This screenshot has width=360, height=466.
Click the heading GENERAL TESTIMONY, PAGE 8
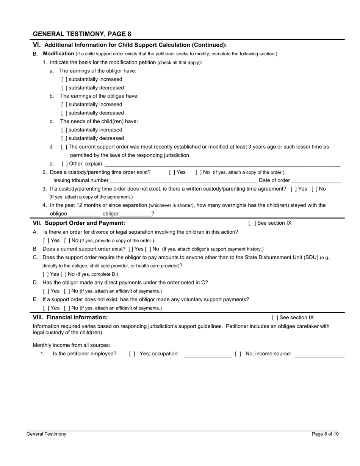(x=82, y=34)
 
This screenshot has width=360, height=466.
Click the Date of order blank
(x=316, y=180)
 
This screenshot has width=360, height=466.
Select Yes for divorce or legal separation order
(x=46, y=241)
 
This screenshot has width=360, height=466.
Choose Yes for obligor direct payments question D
(x=46, y=291)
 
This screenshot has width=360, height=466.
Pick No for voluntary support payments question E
(x=67, y=308)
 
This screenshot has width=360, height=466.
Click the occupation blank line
(x=208, y=355)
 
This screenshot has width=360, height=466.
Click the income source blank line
(x=319, y=355)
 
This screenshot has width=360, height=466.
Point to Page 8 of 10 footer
(x=325, y=434)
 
